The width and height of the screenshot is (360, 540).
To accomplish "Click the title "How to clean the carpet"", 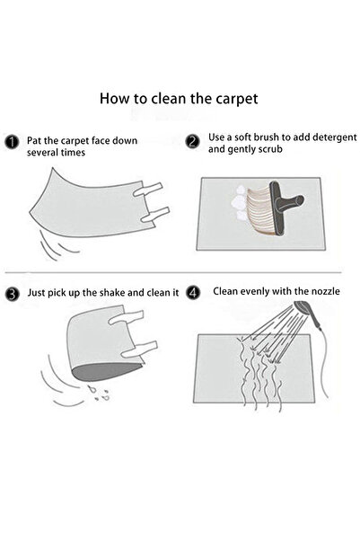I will [x=180, y=98].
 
